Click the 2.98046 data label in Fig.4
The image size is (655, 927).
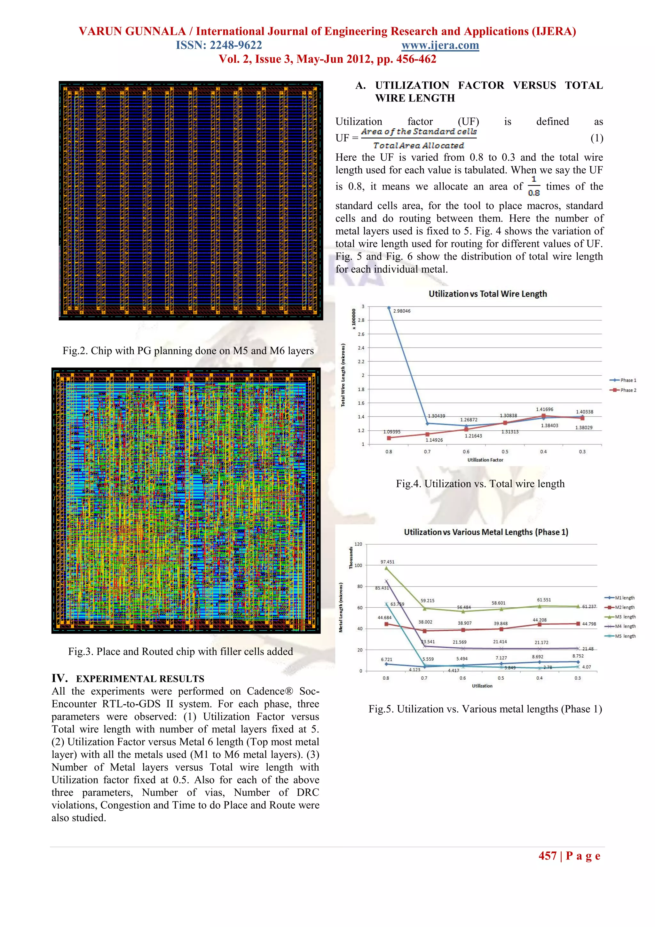402,311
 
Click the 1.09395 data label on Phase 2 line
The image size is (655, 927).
391,432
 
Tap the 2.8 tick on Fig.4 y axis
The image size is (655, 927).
361,320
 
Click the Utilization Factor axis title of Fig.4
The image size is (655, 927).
485,460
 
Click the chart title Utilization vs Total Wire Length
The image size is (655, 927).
487,294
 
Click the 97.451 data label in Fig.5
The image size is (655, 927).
387,562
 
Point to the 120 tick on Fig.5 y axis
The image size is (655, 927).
358,544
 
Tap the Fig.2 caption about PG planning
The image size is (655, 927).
188,350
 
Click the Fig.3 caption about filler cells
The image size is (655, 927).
180,651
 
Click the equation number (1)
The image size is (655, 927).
596,138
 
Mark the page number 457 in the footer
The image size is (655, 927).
547,856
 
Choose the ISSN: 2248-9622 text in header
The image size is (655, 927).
219,45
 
